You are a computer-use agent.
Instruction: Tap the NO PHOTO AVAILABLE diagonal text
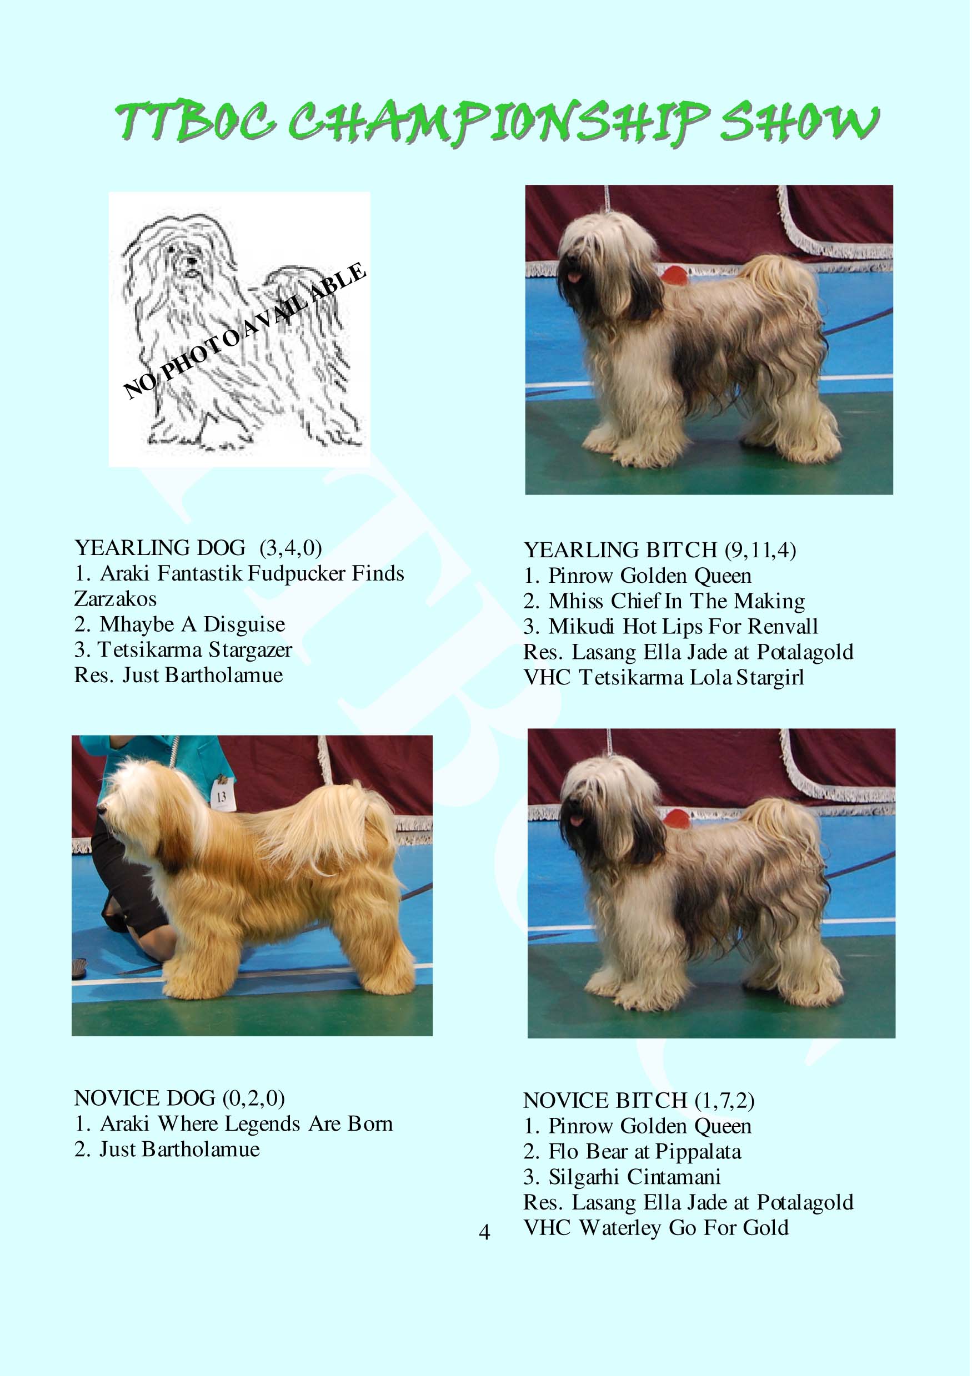pyautogui.click(x=244, y=330)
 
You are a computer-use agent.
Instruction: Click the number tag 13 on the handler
pyautogui.click(x=221, y=797)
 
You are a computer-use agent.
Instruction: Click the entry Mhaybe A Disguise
pyautogui.click(x=180, y=624)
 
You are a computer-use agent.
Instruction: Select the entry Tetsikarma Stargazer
pyautogui.click(x=183, y=650)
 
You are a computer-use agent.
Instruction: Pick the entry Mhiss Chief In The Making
pyautogui.click(x=664, y=601)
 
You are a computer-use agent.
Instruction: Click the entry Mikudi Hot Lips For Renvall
pyautogui.click(x=671, y=627)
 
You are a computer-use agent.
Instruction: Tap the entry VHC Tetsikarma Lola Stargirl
pyautogui.click(x=664, y=678)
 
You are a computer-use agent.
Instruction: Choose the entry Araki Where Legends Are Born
pyautogui.click(x=234, y=1123)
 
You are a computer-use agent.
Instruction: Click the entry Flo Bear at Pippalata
pyautogui.click(x=633, y=1152)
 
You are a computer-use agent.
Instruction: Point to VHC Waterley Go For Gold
pyautogui.click(x=656, y=1228)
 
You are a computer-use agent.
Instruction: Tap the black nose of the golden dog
pyautogui.click(x=101, y=810)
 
